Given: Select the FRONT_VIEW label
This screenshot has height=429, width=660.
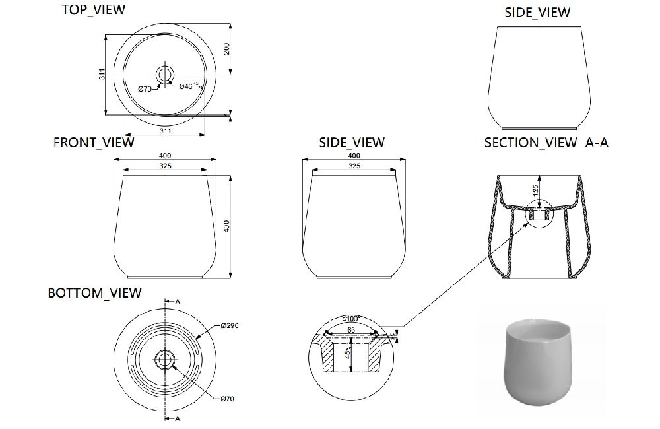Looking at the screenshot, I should [x=94, y=142].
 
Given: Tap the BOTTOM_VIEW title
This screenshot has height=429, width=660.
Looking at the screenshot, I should [x=94, y=293].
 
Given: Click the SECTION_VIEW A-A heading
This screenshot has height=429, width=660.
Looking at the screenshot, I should [x=546, y=143].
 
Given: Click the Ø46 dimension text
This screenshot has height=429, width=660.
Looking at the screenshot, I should [x=187, y=86].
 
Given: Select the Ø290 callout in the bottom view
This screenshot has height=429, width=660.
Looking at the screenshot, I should [x=229, y=326].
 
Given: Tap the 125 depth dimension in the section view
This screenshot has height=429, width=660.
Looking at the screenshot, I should [x=536, y=191].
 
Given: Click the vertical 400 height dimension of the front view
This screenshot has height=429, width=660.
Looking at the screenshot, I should [x=228, y=226].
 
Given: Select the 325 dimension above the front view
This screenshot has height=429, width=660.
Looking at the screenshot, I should [x=165, y=167].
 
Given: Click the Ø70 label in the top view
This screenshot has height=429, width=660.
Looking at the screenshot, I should [x=145, y=90].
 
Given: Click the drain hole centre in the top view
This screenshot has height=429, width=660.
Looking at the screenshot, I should [x=164, y=73].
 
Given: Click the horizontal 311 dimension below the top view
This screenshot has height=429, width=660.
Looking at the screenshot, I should [x=166, y=131].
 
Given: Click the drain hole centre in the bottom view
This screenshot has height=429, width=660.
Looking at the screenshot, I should [x=164, y=359].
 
